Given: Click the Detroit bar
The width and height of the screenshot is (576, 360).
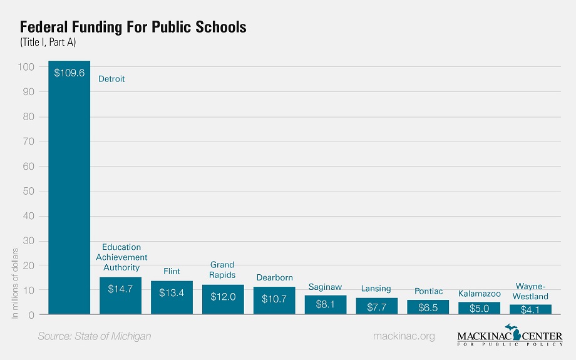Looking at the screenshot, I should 69,188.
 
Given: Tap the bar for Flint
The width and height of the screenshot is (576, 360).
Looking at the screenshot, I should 172,297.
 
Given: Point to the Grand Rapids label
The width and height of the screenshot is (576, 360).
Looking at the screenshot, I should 222,270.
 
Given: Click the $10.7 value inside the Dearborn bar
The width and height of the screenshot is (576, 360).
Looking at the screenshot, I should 274,299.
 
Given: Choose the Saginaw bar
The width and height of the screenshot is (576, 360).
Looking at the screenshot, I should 326,304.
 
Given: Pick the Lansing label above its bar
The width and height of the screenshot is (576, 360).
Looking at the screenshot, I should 376,289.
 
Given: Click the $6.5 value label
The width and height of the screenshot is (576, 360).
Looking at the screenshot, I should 428,308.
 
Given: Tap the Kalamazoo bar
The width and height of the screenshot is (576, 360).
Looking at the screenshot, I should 479,308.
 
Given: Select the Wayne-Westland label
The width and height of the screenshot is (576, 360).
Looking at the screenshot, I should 530,292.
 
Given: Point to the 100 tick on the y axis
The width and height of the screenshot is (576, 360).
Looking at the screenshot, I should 25,67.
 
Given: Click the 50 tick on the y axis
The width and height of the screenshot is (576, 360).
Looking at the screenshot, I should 27,191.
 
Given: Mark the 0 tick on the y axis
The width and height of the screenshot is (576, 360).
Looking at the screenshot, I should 30,315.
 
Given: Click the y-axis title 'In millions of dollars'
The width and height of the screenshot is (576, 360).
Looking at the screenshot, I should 16,284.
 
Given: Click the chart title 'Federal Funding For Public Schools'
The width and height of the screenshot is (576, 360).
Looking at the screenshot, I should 133,28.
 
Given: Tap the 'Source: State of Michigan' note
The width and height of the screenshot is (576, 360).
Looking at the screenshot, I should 95,337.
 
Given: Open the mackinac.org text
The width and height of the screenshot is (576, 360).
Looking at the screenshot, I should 403,337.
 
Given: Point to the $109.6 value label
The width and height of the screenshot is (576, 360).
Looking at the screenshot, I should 69,73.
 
